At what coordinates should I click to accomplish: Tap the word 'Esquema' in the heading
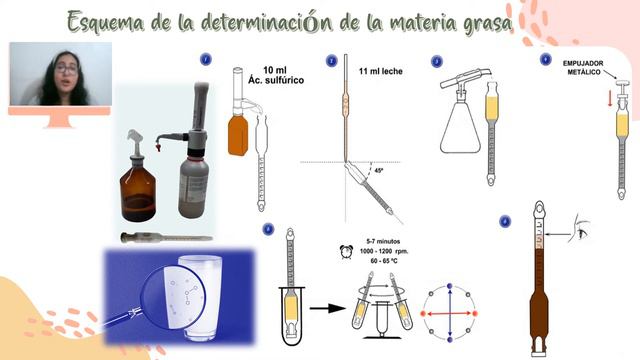(x=108, y=21)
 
